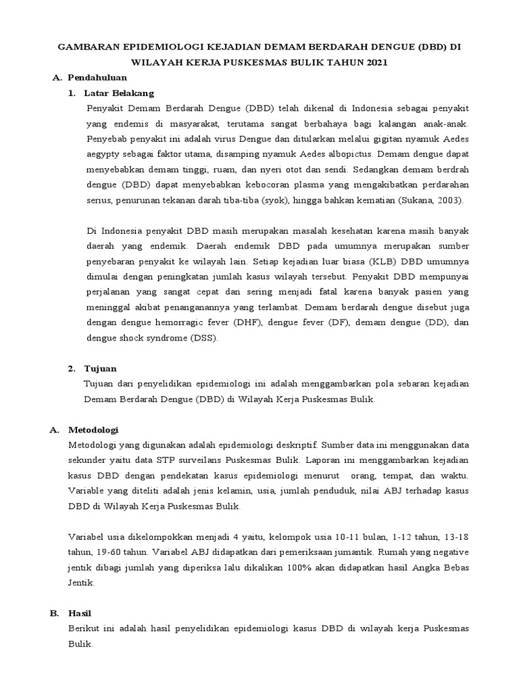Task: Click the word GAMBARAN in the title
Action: [89, 47]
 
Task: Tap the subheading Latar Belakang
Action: [119, 93]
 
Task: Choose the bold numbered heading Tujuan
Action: [101, 368]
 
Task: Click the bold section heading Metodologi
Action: [95, 429]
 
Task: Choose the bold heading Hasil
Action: [80, 612]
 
